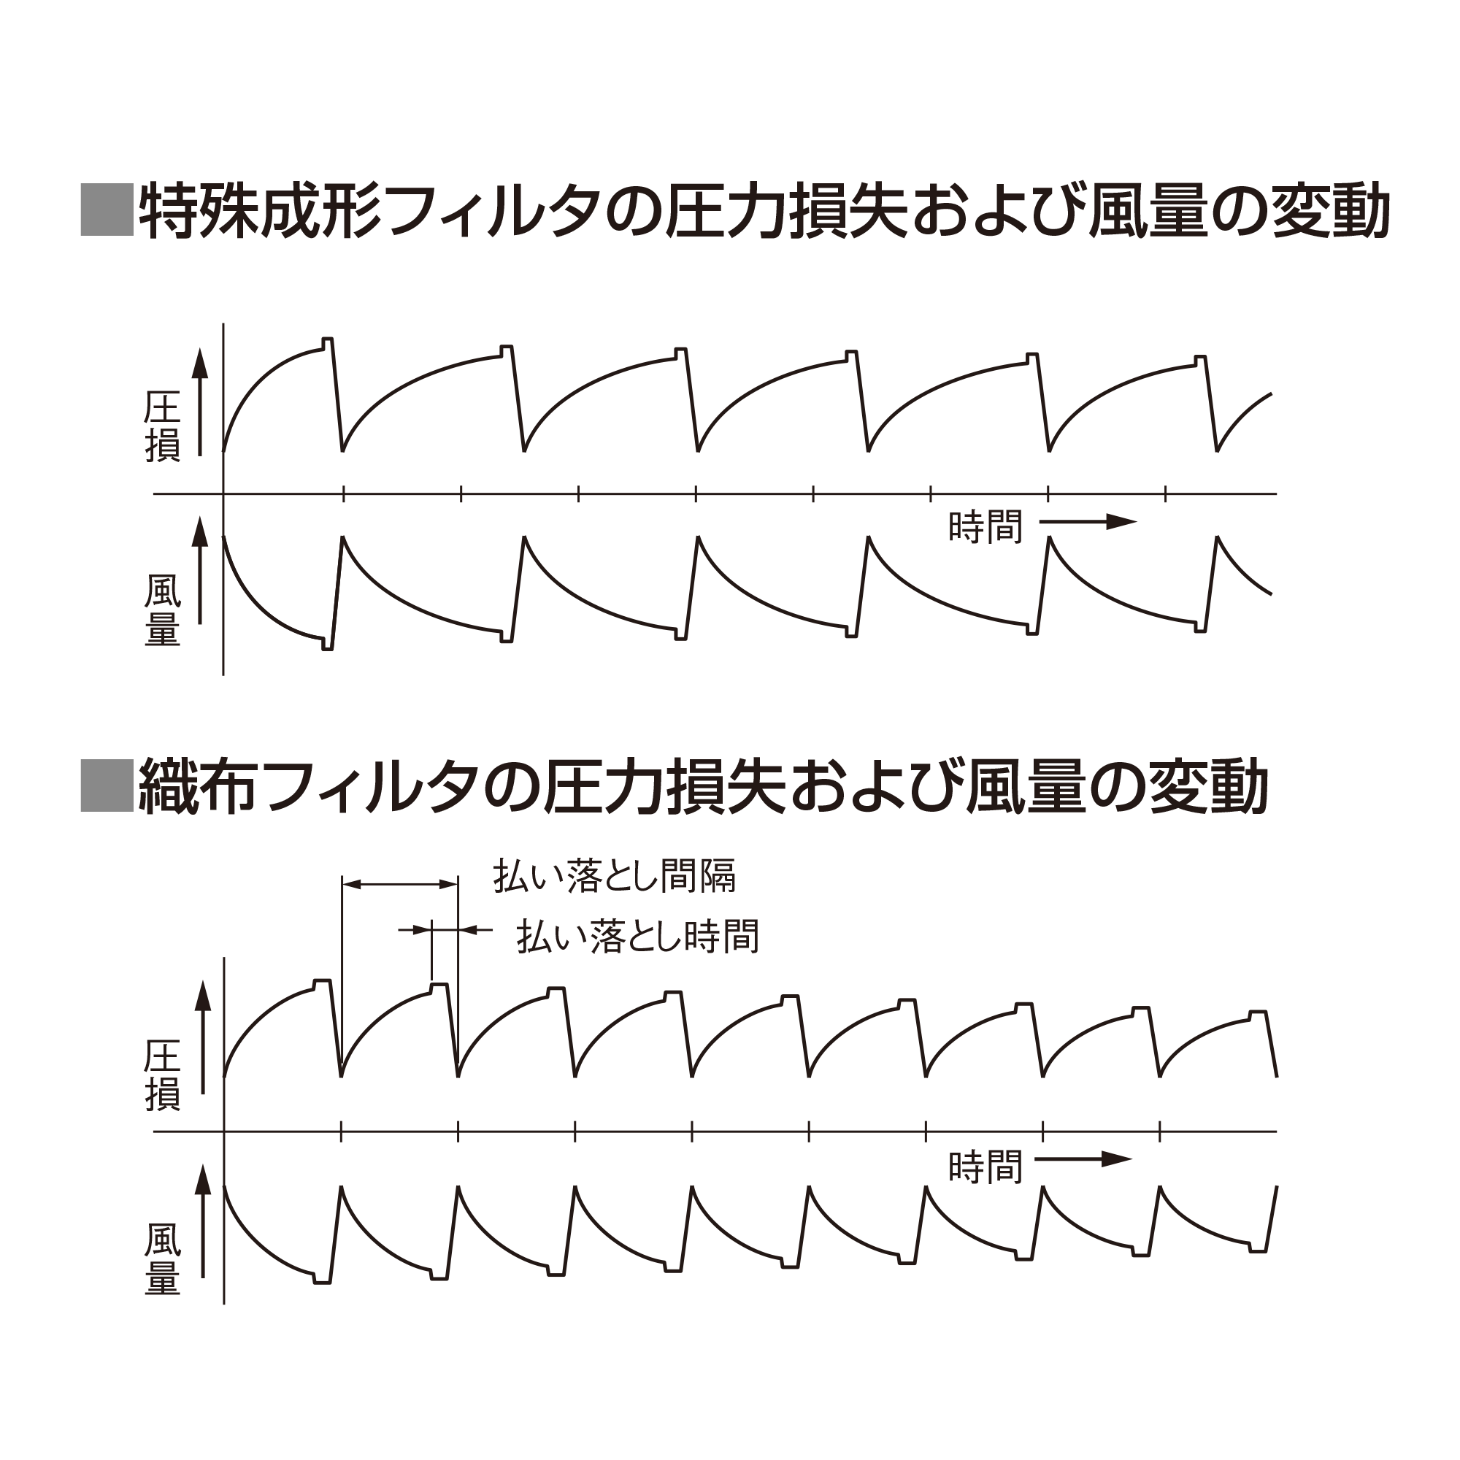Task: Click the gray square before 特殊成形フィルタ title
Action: point(107,210)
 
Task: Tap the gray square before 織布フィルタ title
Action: point(107,786)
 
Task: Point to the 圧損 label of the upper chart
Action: point(163,427)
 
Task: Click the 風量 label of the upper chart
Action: point(163,610)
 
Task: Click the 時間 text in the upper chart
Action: point(985,527)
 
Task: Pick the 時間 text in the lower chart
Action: point(985,1167)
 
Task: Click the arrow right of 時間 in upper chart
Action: point(1088,521)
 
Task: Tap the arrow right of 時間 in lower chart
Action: point(1083,1159)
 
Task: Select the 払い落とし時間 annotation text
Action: point(638,937)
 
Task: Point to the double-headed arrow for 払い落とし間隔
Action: point(400,883)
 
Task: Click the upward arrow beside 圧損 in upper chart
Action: point(199,402)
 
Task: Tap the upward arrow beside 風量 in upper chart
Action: point(199,572)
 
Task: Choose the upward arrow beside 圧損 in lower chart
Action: point(202,1039)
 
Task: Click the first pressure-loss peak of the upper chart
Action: point(327,339)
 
